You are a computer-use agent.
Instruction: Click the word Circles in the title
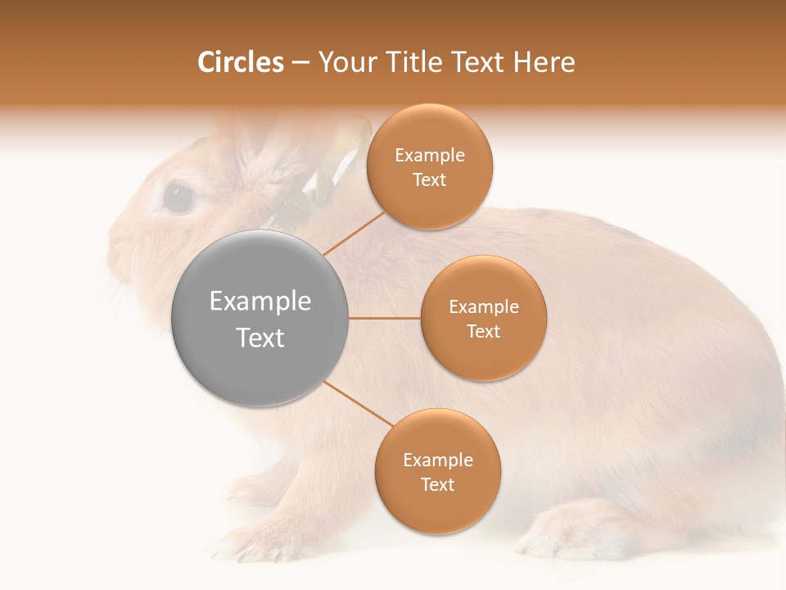tap(241, 62)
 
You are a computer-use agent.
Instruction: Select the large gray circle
tap(260, 318)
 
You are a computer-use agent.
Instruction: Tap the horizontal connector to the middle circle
tap(385, 318)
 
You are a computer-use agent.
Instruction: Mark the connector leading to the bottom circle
tap(357, 404)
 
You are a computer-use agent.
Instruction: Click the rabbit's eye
tap(178, 197)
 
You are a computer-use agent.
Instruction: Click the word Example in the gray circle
tap(260, 302)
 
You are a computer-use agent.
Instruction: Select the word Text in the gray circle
tap(260, 338)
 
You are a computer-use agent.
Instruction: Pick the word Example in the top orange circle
tap(430, 156)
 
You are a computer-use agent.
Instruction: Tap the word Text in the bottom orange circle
tap(438, 485)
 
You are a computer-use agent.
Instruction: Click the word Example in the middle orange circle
tap(484, 307)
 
